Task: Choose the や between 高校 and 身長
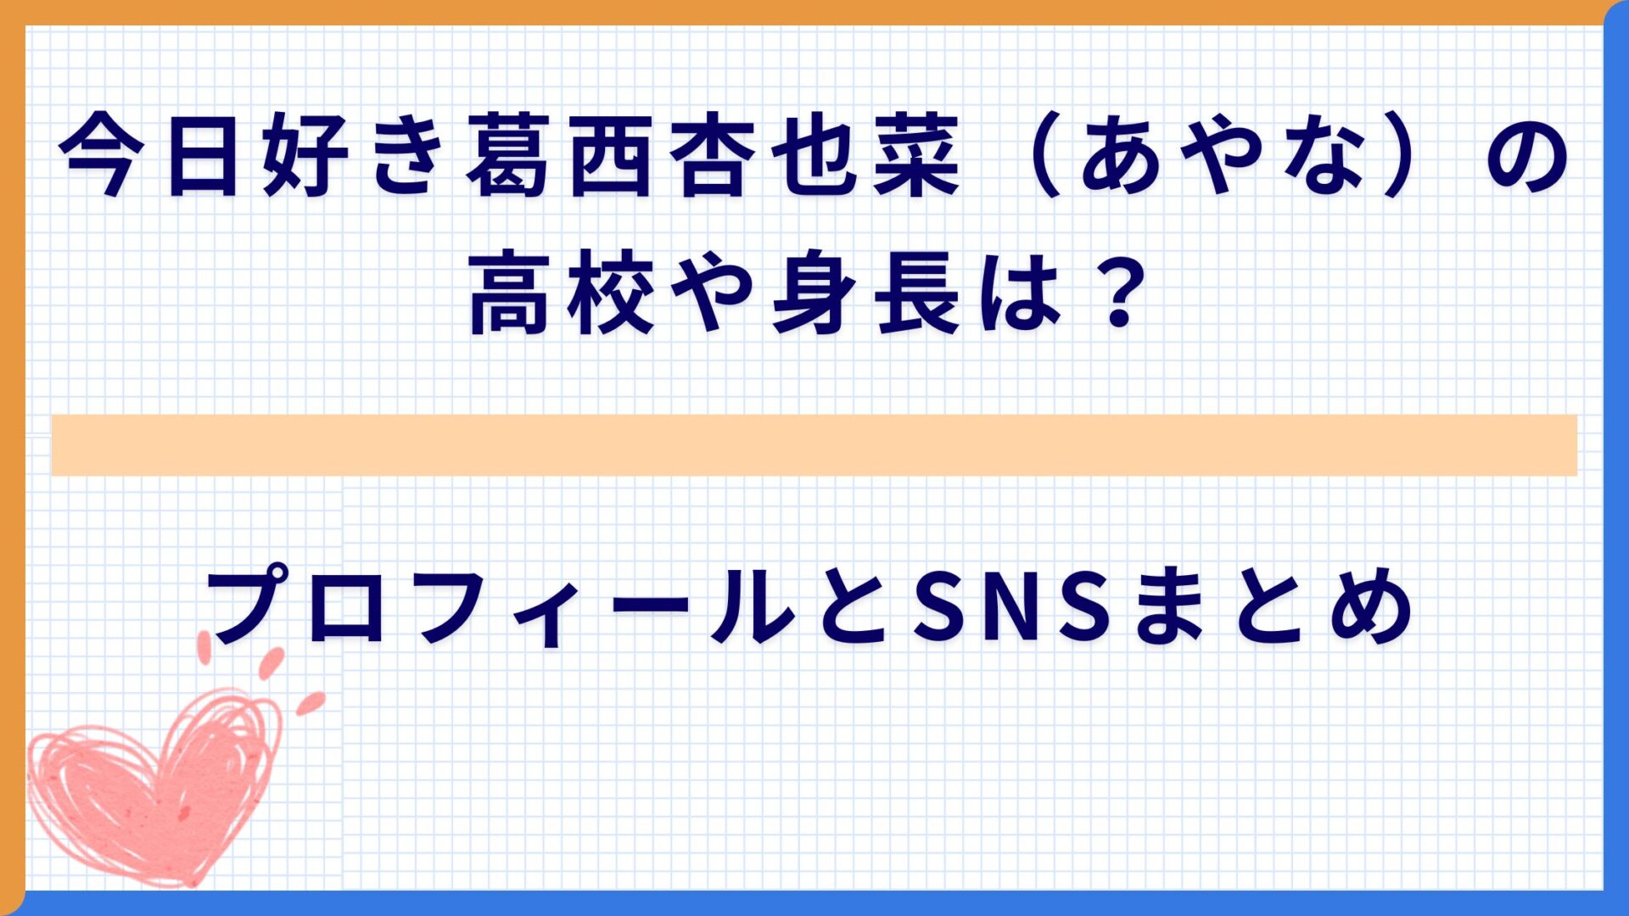(712, 293)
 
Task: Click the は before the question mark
(1021, 293)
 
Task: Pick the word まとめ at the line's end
(1274, 607)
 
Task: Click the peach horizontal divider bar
(814, 445)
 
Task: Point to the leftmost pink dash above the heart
(204, 647)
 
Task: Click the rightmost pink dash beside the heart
(311, 702)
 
